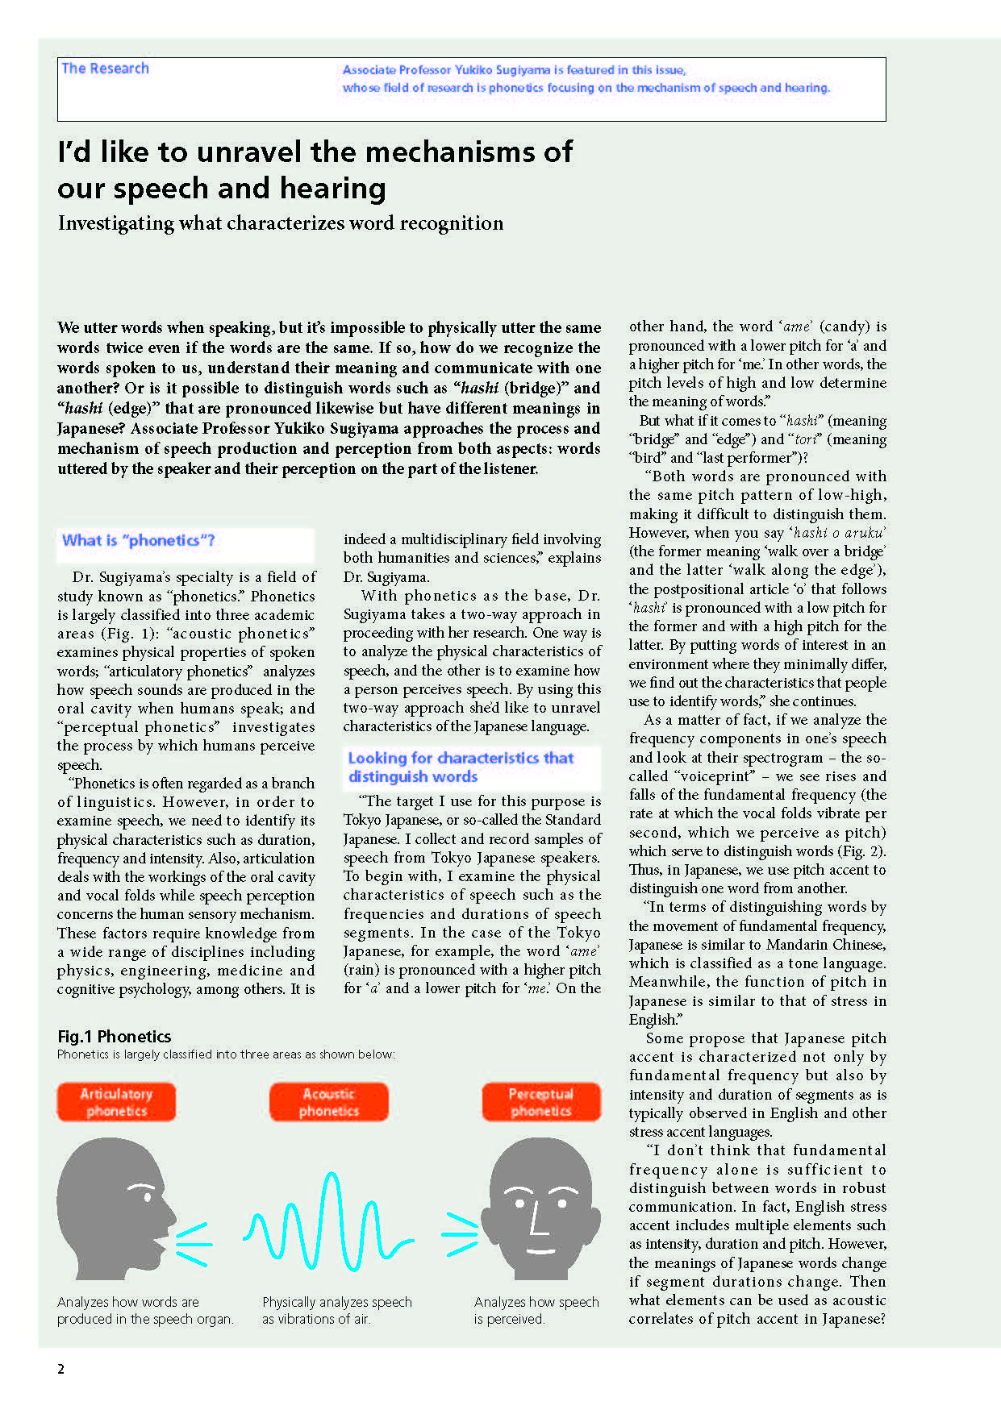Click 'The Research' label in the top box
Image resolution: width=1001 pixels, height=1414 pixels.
pos(106,69)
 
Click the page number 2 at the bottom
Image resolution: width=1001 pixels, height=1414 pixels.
pos(60,1368)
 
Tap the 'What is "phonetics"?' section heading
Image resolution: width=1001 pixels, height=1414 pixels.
pos(139,540)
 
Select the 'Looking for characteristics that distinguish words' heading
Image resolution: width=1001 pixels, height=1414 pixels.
pos(461,767)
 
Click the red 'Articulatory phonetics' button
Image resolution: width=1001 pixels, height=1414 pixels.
pos(116,1102)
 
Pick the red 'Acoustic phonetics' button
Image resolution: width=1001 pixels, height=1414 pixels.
pos(328,1102)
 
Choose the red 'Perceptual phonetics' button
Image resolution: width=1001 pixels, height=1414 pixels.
pos(540,1102)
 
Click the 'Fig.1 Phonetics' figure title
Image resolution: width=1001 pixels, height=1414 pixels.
pos(115,1037)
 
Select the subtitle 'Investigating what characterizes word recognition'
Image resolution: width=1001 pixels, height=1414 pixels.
pos(281,223)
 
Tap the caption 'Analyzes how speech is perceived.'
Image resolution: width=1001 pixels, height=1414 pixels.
pos(536,1310)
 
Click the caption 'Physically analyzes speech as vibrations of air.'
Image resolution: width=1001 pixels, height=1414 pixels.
pos(336,1310)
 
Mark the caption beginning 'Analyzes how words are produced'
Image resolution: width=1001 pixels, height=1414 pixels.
pos(145,1310)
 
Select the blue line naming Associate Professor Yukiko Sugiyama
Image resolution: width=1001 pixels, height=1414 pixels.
pos(514,70)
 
